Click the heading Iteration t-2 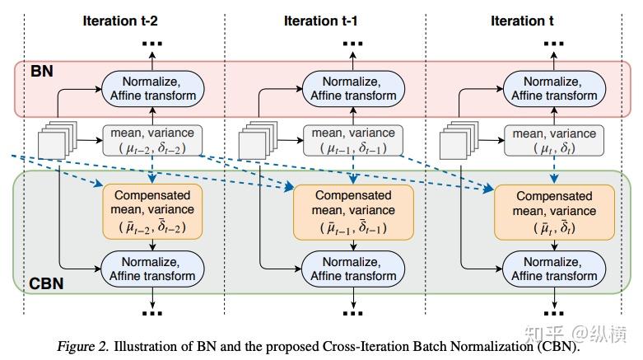(120, 21)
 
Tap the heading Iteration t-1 (321, 21)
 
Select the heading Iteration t (522, 21)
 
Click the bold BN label (42, 71)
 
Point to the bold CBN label (46, 283)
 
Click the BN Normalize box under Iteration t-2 (152, 89)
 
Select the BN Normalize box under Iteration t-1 (353, 89)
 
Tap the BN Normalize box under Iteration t (554, 89)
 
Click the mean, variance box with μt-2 (152, 141)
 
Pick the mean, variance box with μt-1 (353, 141)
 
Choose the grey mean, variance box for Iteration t (554, 141)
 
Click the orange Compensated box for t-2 (152, 212)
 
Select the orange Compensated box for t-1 (353, 213)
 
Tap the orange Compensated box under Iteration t (554, 213)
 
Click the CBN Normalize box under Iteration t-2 (152, 269)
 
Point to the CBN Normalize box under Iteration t (554, 269)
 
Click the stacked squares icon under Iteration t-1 (259, 140)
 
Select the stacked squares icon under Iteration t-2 (58, 140)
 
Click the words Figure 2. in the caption (83, 347)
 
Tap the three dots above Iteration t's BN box (554, 43)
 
